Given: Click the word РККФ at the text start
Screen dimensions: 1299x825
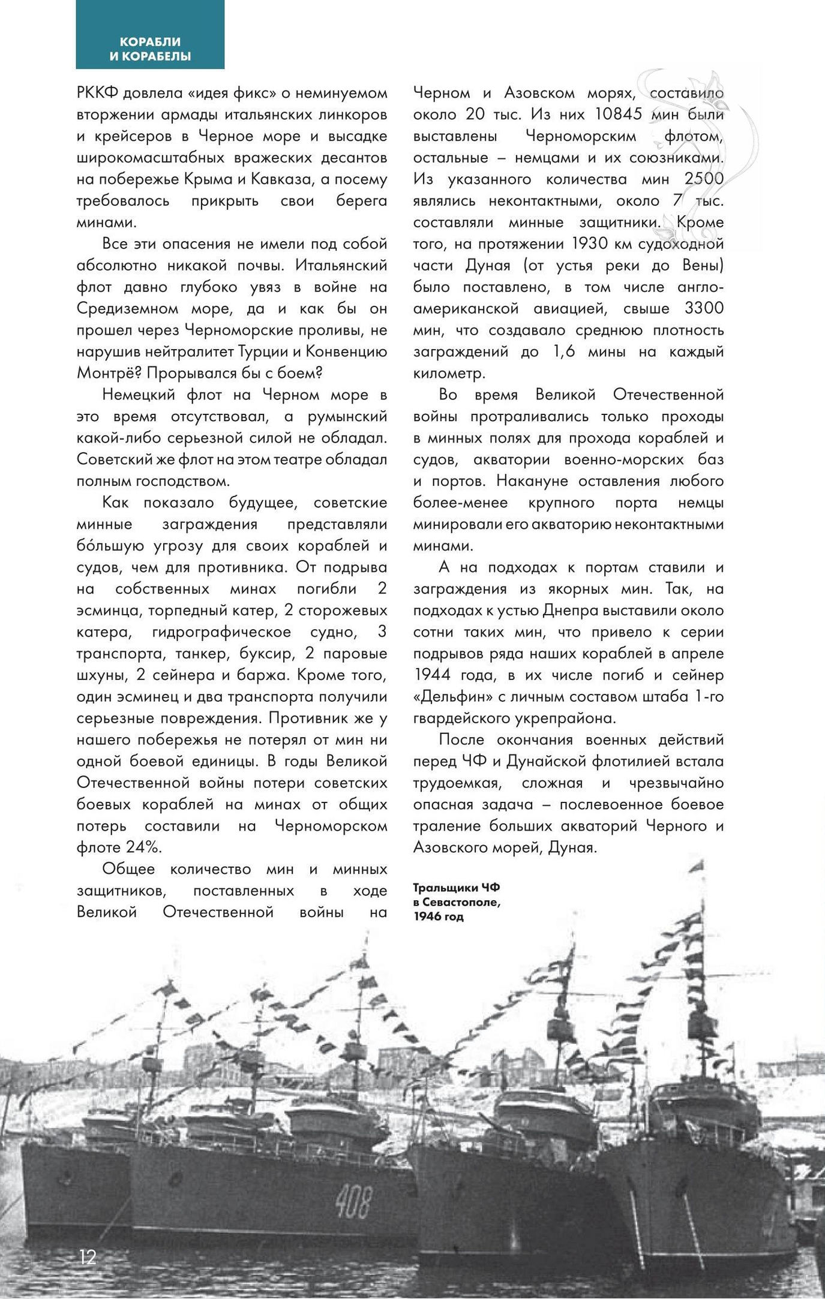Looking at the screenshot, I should point(98,93).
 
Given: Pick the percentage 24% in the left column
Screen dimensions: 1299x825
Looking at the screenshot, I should point(144,847).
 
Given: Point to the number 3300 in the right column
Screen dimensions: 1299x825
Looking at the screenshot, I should point(704,308).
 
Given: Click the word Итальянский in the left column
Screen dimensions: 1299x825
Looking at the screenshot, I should point(341,265).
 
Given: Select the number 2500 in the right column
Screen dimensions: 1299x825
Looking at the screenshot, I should point(704,179).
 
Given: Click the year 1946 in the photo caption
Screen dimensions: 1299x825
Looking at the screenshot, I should point(427,916).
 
